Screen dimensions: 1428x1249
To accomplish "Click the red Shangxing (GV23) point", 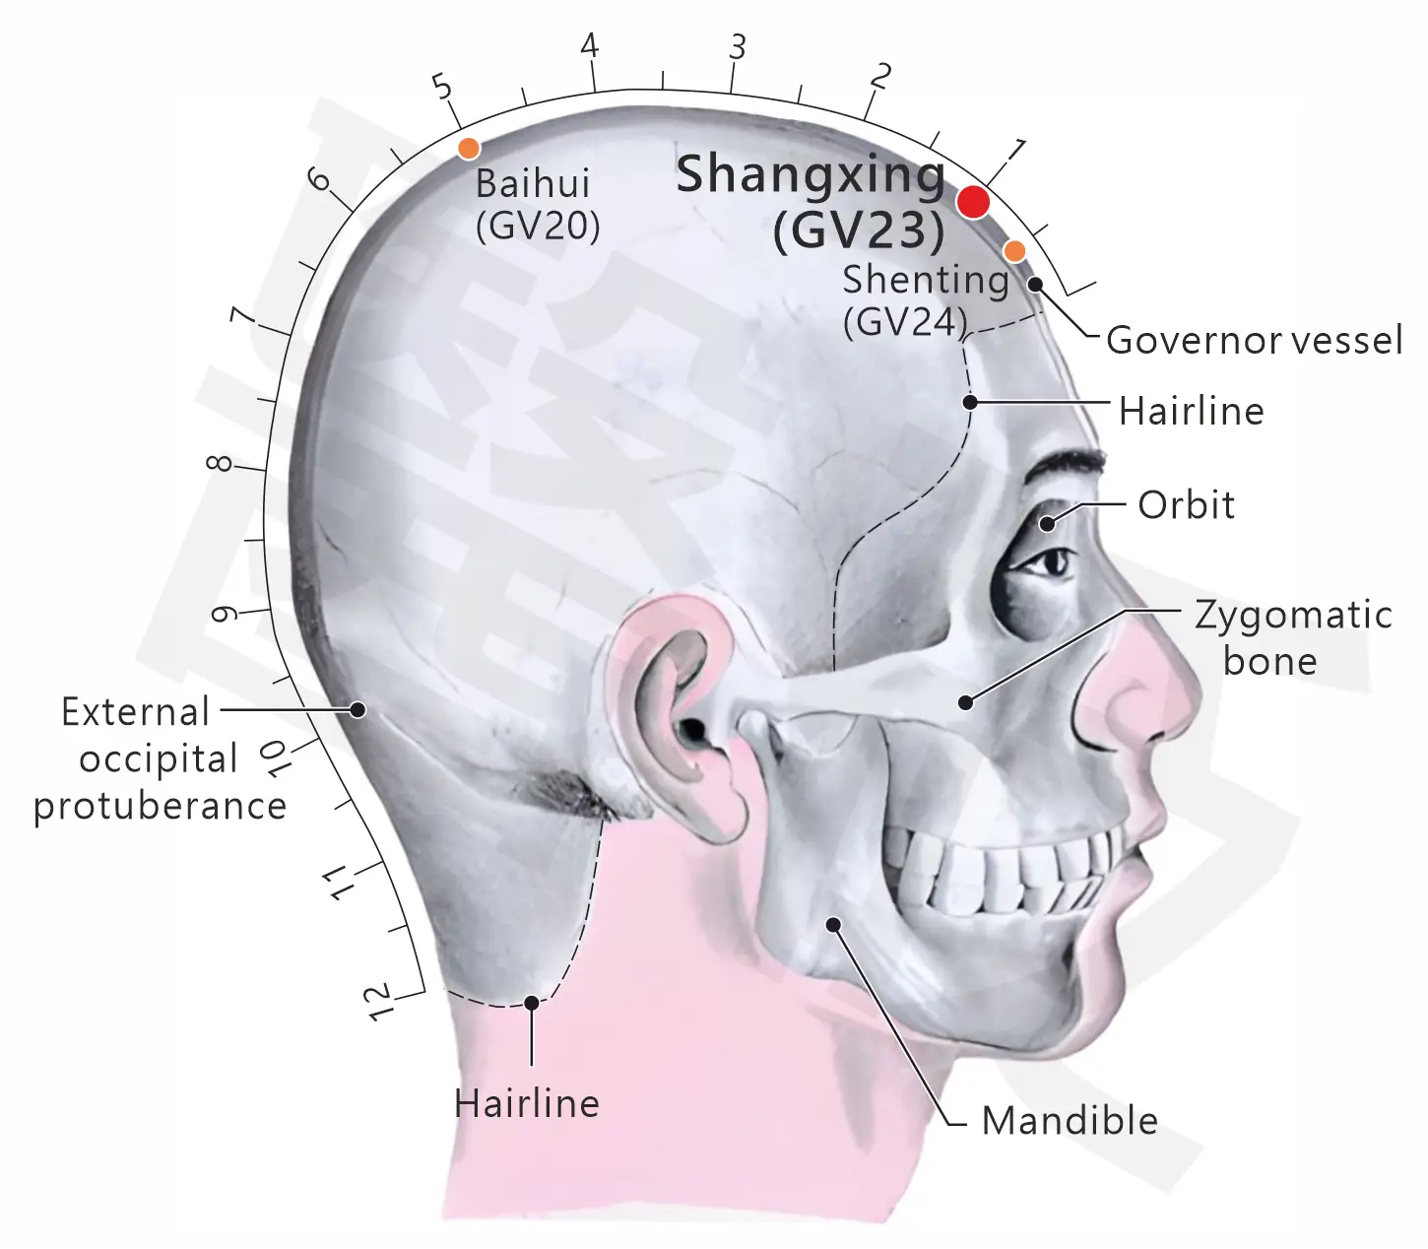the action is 973,203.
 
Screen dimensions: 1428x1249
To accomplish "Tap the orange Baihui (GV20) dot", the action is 469,148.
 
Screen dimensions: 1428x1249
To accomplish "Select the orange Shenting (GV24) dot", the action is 1014,250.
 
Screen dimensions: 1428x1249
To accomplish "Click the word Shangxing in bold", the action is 811,175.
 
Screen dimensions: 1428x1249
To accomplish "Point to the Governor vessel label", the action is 1255,341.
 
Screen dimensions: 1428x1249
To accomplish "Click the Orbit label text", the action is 1186,504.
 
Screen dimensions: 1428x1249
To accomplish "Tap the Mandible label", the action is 1070,1121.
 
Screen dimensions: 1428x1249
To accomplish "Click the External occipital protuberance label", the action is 160,758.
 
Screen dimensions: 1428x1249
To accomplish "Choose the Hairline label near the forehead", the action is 1192,411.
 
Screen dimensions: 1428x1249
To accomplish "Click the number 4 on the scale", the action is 590,46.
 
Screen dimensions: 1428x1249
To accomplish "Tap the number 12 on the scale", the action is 380,1003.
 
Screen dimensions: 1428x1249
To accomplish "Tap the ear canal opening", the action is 692,730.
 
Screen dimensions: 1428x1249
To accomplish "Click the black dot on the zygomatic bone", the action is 965,701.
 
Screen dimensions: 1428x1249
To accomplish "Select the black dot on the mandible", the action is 832,924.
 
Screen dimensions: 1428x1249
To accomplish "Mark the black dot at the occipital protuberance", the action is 357,709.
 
